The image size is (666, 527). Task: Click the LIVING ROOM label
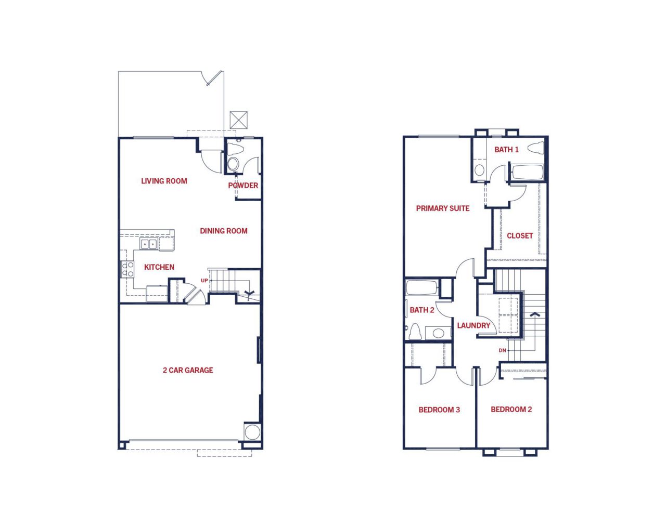coord(164,181)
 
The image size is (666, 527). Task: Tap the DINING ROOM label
coord(223,231)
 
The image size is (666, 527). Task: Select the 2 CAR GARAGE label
coord(188,370)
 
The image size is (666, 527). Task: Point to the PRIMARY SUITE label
coord(443,208)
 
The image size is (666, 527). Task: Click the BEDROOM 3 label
coord(439,410)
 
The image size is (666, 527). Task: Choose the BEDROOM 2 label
coord(511,409)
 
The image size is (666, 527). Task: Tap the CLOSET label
coord(520,235)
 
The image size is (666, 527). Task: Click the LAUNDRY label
coord(473,325)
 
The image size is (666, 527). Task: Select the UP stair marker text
coord(204,280)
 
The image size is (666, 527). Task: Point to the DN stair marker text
coord(502,350)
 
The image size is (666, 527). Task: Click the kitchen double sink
coord(149,244)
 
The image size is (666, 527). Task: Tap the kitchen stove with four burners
coord(127,269)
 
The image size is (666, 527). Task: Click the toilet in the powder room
coord(236,149)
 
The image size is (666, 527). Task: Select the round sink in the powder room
coord(233,164)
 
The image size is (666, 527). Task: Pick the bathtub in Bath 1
coord(528,172)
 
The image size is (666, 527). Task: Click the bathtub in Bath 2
coord(421,287)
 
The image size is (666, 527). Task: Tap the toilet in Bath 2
coord(415,332)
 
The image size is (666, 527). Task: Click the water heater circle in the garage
coord(252,432)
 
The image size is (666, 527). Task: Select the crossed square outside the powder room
coord(239,120)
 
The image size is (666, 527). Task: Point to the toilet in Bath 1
coord(536,148)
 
